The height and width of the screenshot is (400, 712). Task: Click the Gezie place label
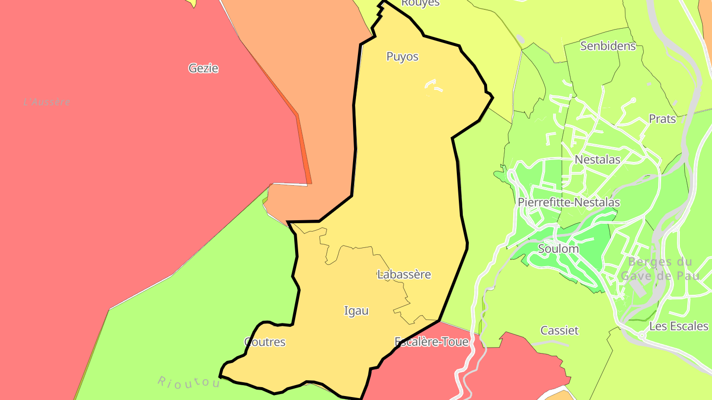coord(203,68)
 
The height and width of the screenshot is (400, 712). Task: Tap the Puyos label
coord(402,57)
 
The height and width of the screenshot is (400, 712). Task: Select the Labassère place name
coord(404,275)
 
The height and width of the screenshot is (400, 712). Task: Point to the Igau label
coord(356,311)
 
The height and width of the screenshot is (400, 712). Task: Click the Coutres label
coord(265,342)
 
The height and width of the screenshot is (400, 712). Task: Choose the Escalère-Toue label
coord(431,342)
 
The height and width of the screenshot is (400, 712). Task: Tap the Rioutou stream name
coord(188,383)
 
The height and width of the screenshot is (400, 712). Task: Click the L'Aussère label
coord(47,102)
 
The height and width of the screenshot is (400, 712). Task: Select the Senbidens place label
coord(608,46)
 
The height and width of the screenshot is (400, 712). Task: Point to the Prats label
coord(662,119)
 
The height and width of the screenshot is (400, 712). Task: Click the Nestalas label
coord(597,160)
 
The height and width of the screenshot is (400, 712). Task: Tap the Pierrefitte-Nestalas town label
coord(569,202)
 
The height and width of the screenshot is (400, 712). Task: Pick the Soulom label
coord(558,249)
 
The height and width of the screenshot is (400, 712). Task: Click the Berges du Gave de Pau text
coord(660,269)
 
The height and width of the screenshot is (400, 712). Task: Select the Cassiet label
coord(559,330)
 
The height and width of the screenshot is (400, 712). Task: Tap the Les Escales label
coord(679,326)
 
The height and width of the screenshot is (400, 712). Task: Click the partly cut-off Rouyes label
coord(420,3)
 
